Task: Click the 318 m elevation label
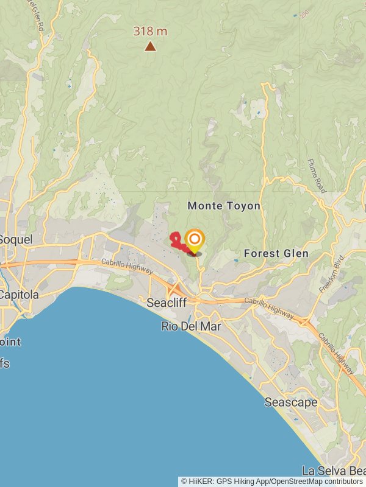tap(150, 31)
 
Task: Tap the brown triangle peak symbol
tap(150, 46)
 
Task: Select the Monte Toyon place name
tap(224, 206)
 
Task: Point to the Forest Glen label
tap(276, 253)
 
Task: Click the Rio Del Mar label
tap(191, 326)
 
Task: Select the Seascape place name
tap(291, 402)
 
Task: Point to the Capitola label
tap(19, 295)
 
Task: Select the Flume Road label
tap(317, 176)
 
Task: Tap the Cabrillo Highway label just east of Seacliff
tap(269, 306)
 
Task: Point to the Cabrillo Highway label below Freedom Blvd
tap(336, 354)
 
